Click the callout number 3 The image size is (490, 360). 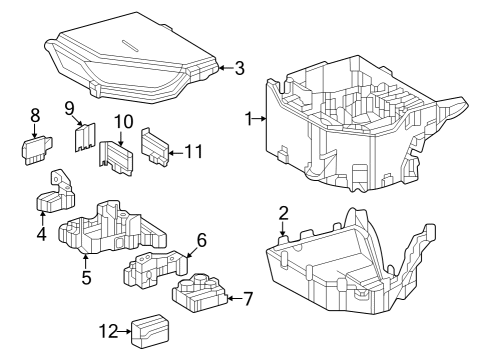[x=239, y=68]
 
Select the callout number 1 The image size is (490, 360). [x=249, y=119]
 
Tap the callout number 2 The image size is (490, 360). [x=283, y=213]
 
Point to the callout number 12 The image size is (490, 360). [x=108, y=331]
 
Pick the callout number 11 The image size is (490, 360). [x=194, y=152]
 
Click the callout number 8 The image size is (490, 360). [x=35, y=115]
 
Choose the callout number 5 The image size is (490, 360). [x=86, y=277]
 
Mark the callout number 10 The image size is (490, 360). [x=124, y=122]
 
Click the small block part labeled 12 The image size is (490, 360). [x=150, y=331]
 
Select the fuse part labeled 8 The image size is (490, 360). [x=37, y=151]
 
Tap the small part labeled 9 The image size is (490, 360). [x=85, y=137]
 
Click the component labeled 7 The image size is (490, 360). [x=199, y=292]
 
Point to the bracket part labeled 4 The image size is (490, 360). [x=56, y=195]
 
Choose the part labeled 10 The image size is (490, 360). [x=116, y=158]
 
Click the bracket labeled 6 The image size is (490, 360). [x=155, y=269]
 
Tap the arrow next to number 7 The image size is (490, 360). [x=234, y=298]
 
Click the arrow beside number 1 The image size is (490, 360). [x=260, y=118]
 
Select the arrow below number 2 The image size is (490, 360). [x=283, y=229]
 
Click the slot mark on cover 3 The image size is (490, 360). [x=129, y=46]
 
